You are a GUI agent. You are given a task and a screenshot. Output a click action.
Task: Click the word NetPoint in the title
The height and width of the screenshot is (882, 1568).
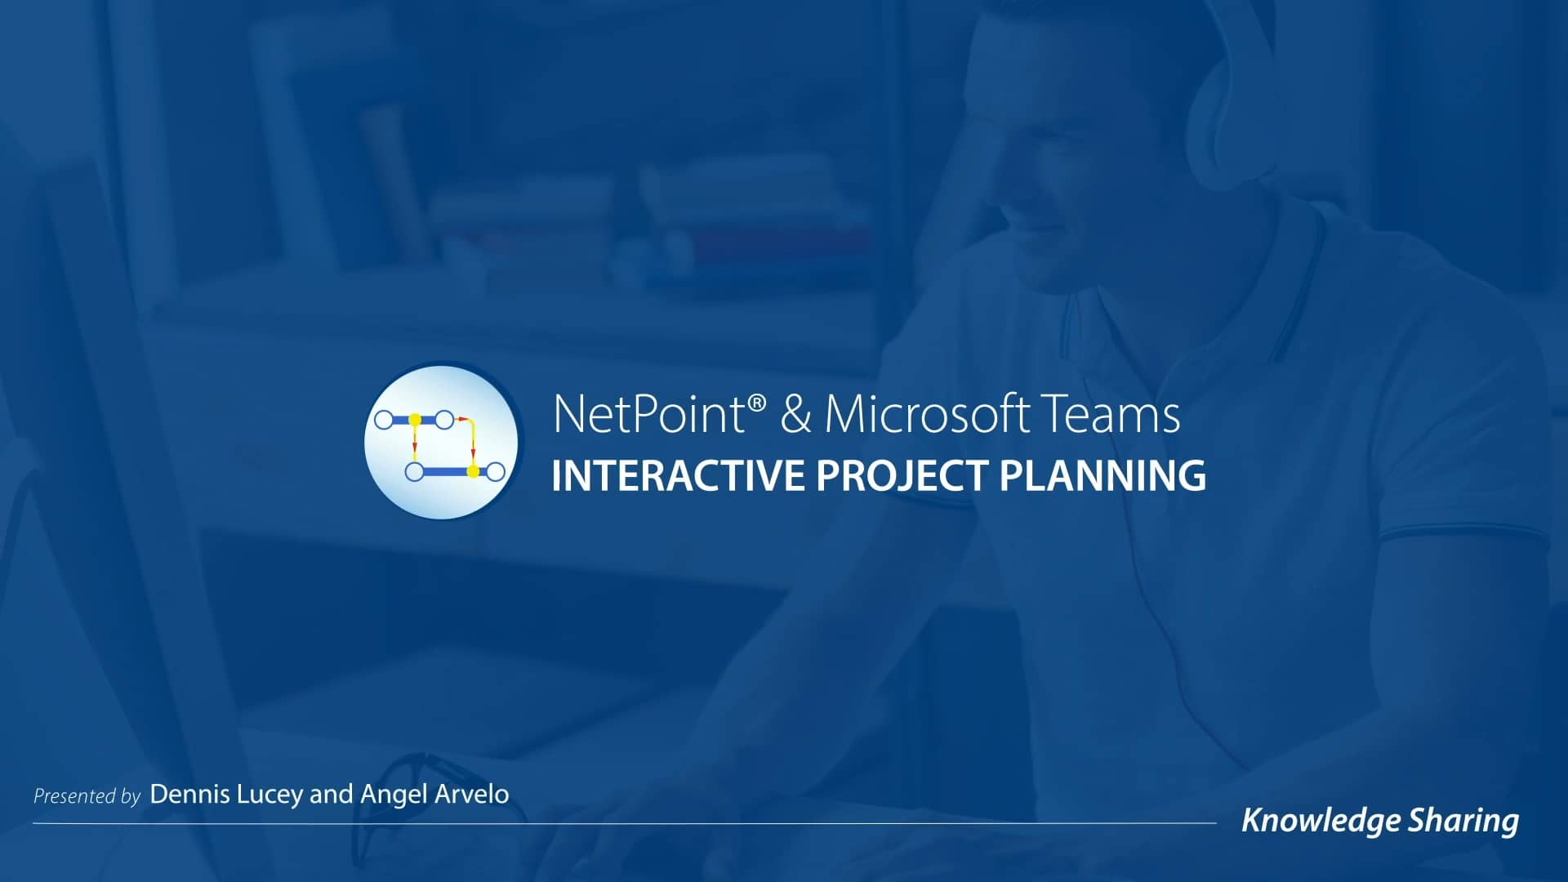[648, 414]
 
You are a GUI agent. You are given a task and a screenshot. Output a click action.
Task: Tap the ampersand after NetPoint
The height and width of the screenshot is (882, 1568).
[795, 414]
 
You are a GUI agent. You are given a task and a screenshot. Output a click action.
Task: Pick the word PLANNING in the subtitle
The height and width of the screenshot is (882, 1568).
[1102, 476]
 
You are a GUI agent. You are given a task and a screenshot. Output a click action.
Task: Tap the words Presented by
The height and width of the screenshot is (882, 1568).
[87, 796]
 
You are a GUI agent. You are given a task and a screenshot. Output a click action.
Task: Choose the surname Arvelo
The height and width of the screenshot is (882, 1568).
[471, 795]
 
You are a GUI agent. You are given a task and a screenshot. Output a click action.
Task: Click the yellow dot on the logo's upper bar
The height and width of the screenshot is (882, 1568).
[415, 420]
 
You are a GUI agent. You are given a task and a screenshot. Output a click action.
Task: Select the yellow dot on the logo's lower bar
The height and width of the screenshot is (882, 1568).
[472, 471]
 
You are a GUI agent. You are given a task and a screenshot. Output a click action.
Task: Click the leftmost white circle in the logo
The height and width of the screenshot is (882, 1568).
[384, 420]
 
